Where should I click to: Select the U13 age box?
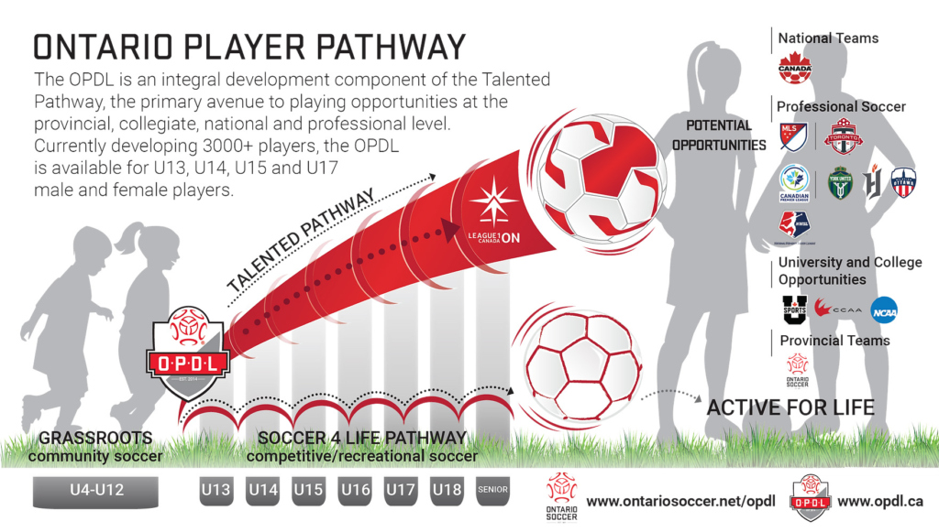(x=215, y=491)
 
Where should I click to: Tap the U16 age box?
(x=354, y=491)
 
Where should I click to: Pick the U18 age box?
(x=447, y=491)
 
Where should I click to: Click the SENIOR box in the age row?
(x=492, y=491)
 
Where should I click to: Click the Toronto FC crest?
(x=843, y=136)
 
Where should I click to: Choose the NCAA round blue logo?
(x=884, y=309)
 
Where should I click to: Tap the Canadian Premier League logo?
(x=793, y=182)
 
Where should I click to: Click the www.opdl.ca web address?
(x=880, y=502)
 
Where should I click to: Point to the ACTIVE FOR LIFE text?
(x=790, y=406)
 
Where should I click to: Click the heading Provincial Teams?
(x=834, y=341)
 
